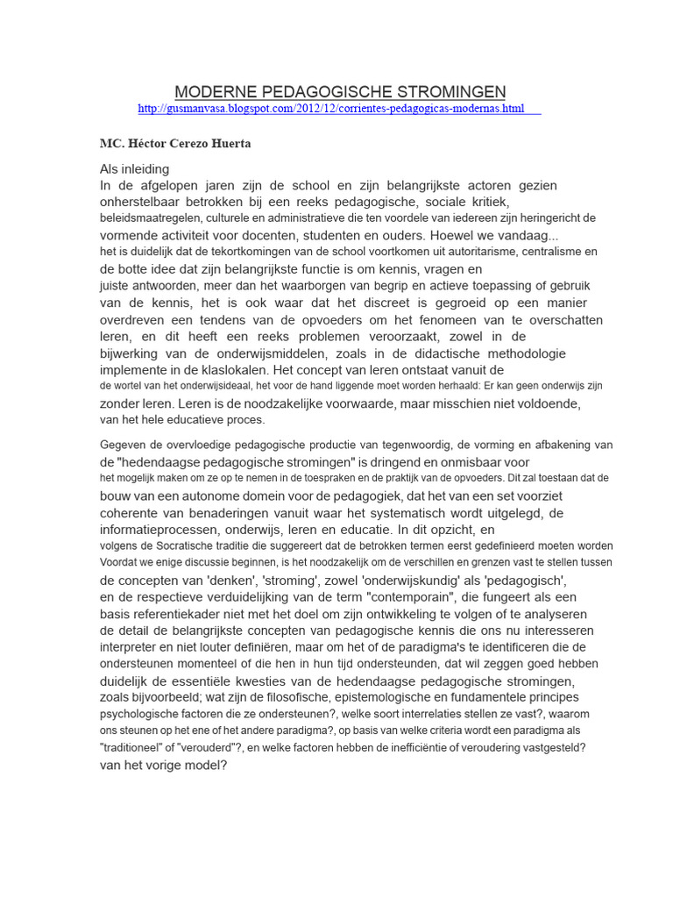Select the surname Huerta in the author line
point(232,144)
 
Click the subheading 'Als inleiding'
point(135,168)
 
